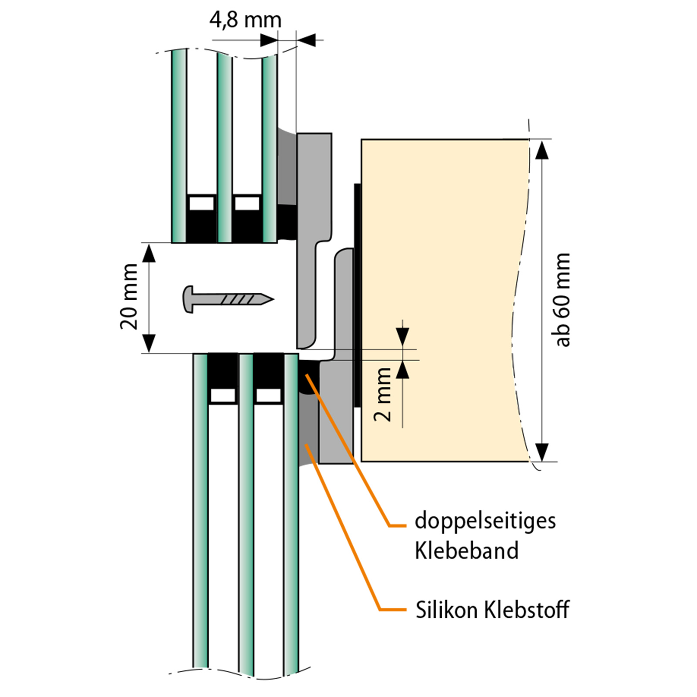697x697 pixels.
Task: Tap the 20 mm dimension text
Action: (x=129, y=296)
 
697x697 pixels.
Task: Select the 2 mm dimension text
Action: (x=383, y=394)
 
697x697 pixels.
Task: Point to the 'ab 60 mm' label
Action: (x=563, y=300)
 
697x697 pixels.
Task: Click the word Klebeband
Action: (x=467, y=551)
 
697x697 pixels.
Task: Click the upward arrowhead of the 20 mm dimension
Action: (x=149, y=253)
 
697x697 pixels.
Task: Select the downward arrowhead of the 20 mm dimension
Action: (x=149, y=343)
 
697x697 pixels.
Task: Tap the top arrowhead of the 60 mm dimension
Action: (x=541, y=149)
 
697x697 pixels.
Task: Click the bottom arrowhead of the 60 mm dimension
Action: (x=541, y=452)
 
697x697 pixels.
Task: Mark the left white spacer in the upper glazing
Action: (x=202, y=203)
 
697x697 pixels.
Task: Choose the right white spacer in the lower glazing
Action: (x=268, y=395)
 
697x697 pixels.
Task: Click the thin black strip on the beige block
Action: (x=357, y=294)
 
